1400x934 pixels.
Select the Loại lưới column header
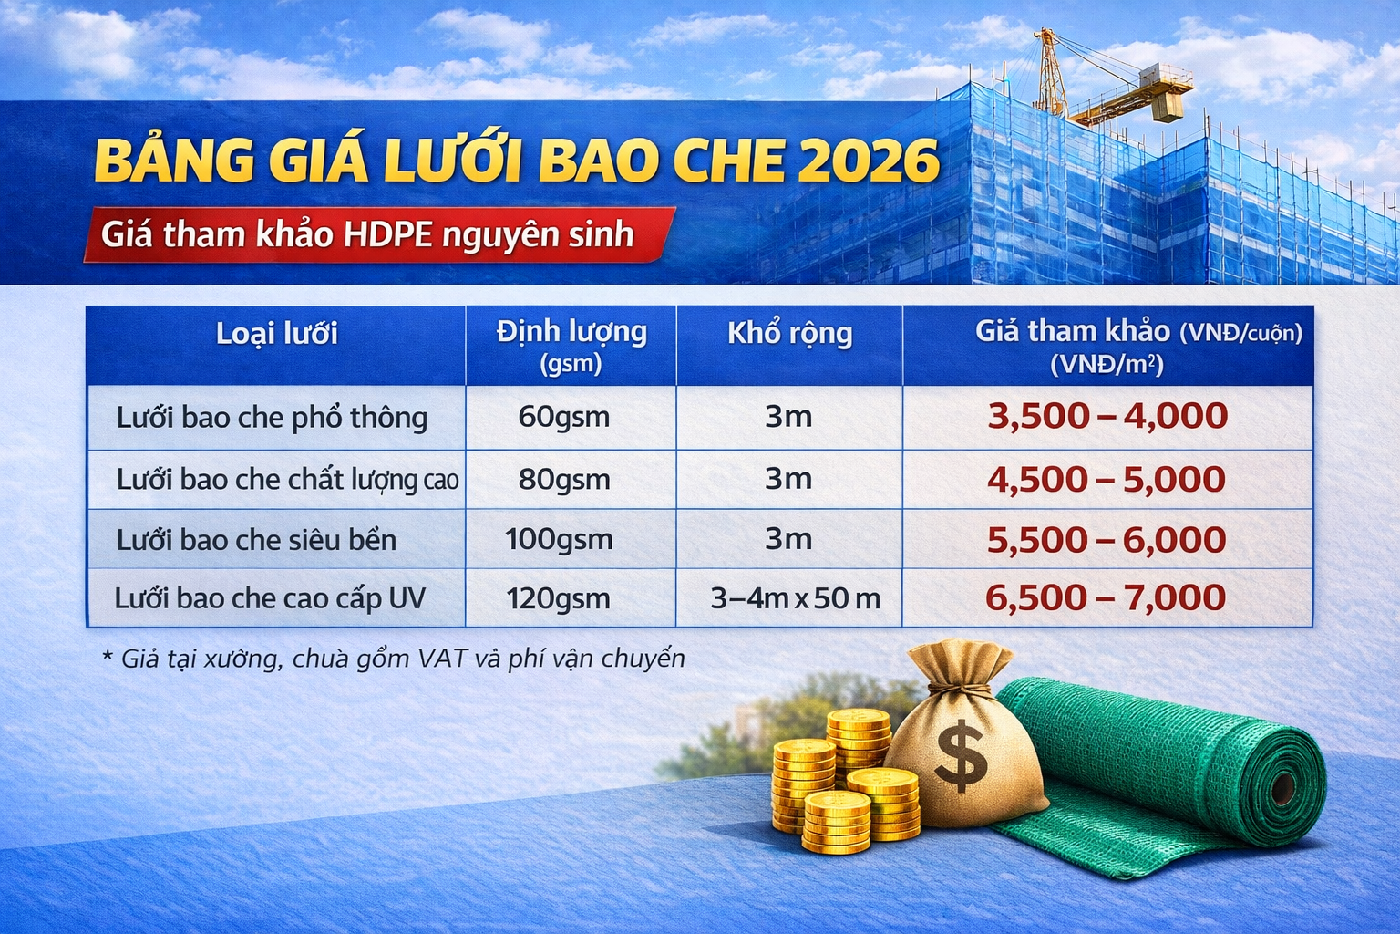276,334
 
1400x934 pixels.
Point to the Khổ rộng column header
789,334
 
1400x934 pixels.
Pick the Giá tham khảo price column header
1107,346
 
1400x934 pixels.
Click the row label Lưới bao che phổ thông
272,418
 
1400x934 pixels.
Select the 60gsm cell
563,417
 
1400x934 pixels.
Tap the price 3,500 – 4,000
1107,416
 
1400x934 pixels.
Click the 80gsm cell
563,479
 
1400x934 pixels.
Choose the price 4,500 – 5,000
1106,480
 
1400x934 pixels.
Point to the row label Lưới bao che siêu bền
256,540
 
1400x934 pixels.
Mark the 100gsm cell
559,539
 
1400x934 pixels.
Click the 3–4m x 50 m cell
795,598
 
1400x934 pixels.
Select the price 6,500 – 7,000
1105,597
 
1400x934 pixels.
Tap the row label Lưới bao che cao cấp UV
270,598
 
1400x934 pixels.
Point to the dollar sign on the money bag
960,755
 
